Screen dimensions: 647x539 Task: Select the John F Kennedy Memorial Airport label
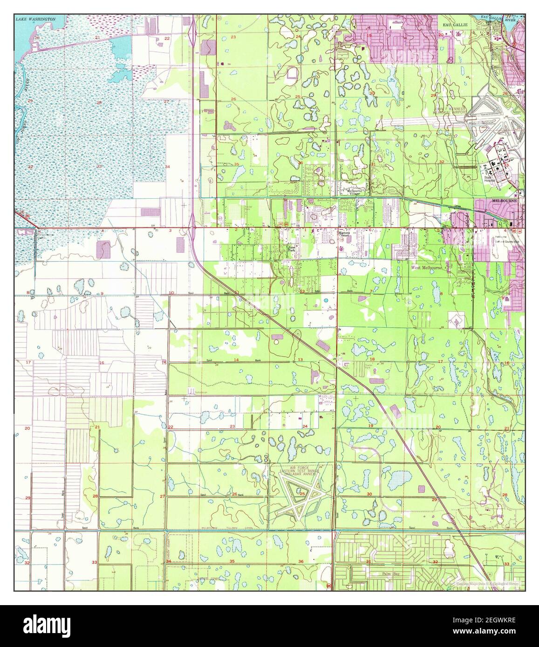click(x=451, y=111)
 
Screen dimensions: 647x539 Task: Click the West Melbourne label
click(x=429, y=268)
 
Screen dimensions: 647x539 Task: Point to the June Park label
click(x=292, y=249)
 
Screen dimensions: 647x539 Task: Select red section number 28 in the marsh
click(x=99, y=102)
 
